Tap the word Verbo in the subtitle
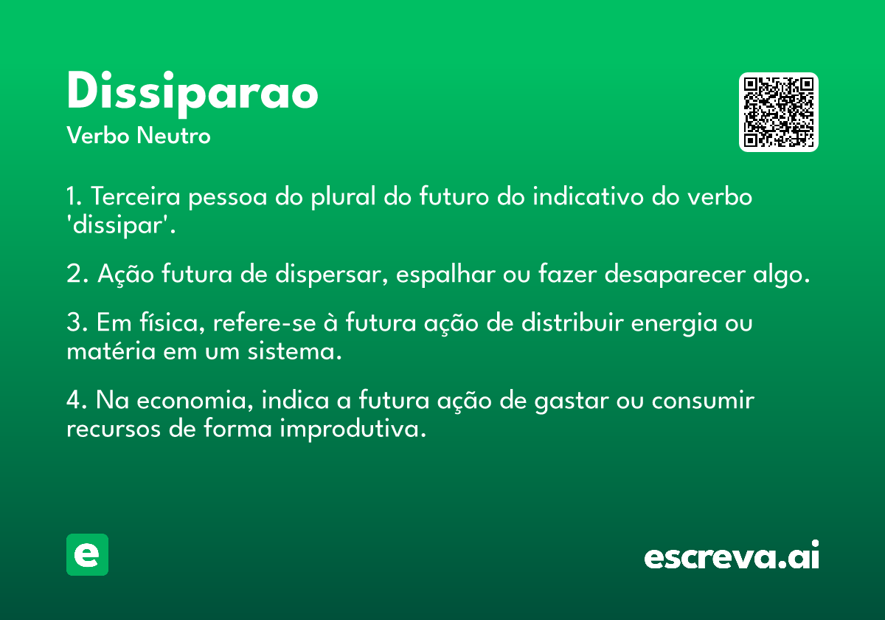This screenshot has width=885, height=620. point(98,136)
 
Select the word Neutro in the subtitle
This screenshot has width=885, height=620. point(173,136)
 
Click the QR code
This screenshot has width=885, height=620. point(778,112)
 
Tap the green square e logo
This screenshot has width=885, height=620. point(87,554)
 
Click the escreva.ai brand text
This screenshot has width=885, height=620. point(732,554)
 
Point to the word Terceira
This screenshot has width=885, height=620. point(136,196)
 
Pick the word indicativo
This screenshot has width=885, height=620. point(588,196)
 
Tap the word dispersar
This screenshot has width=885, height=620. point(331,275)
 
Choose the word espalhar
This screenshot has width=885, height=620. point(445,275)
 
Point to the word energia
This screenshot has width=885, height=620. point(674,323)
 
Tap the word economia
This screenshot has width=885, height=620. point(194,400)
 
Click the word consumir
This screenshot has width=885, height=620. point(703,400)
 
